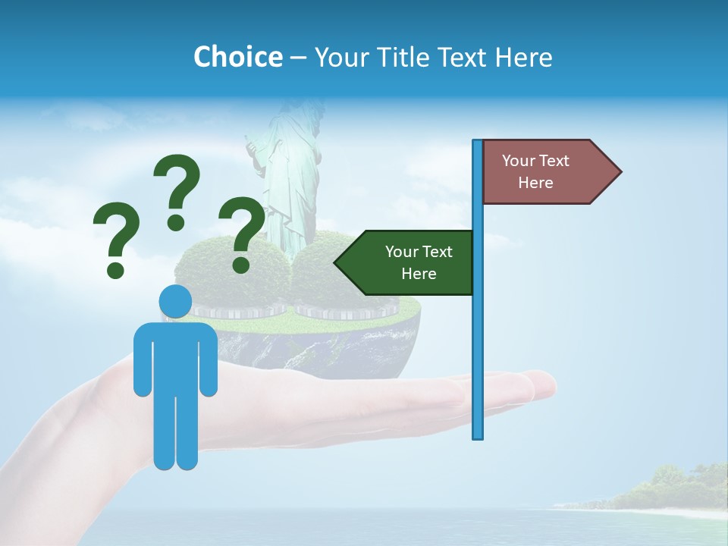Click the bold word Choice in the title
click(x=237, y=57)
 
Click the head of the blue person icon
click(x=175, y=302)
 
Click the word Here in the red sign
click(x=535, y=183)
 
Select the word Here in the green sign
click(x=419, y=274)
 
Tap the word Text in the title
click(x=463, y=57)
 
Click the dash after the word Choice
click(x=298, y=58)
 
